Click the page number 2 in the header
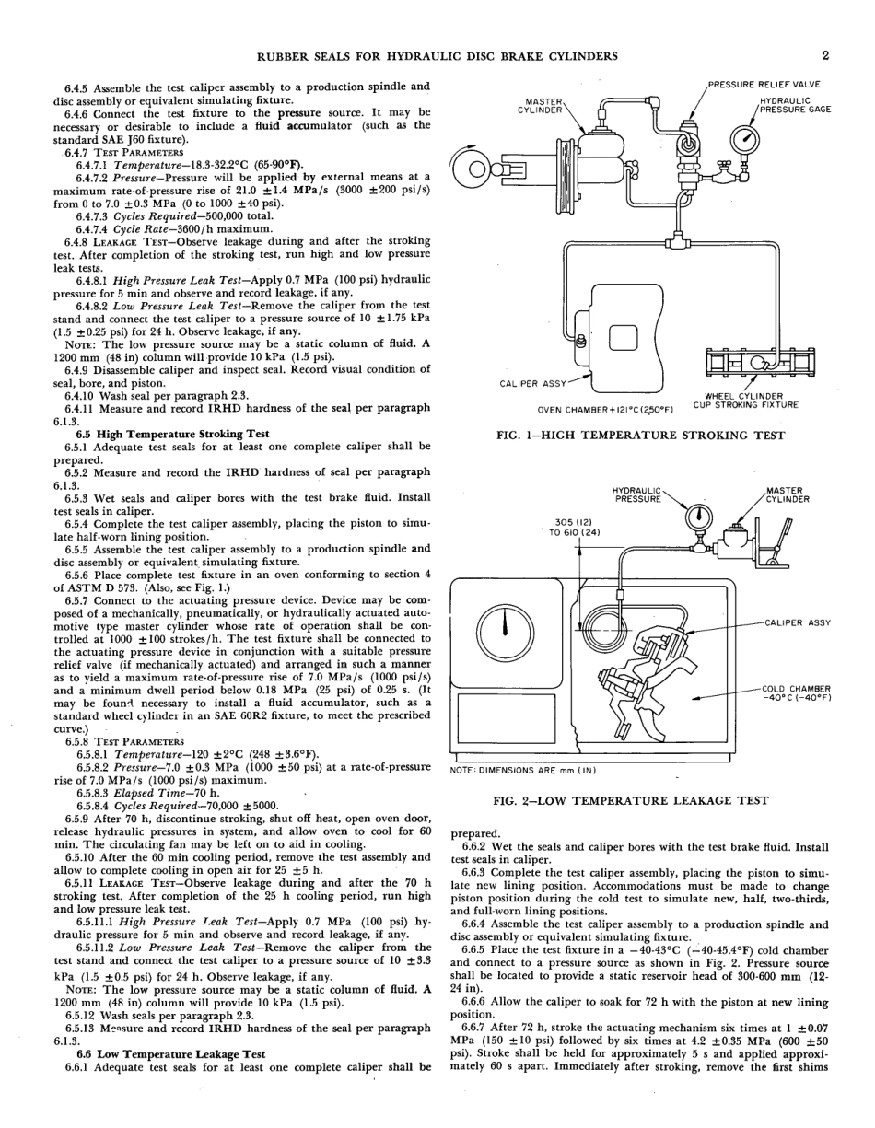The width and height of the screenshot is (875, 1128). point(825,55)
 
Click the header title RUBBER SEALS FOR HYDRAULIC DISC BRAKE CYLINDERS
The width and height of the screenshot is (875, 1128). point(437,56)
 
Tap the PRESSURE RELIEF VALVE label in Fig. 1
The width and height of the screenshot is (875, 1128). point(764,85)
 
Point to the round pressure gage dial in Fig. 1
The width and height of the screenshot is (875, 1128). point(744,138)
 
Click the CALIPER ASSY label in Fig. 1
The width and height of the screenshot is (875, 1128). point(533,384)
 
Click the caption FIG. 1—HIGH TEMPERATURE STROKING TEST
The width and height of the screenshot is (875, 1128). point(640,435)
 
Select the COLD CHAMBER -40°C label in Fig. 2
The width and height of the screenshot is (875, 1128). point(797,692)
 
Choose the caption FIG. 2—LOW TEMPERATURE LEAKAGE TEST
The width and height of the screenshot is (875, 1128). point(631,801)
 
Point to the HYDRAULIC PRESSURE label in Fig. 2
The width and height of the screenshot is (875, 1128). point(636,494)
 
